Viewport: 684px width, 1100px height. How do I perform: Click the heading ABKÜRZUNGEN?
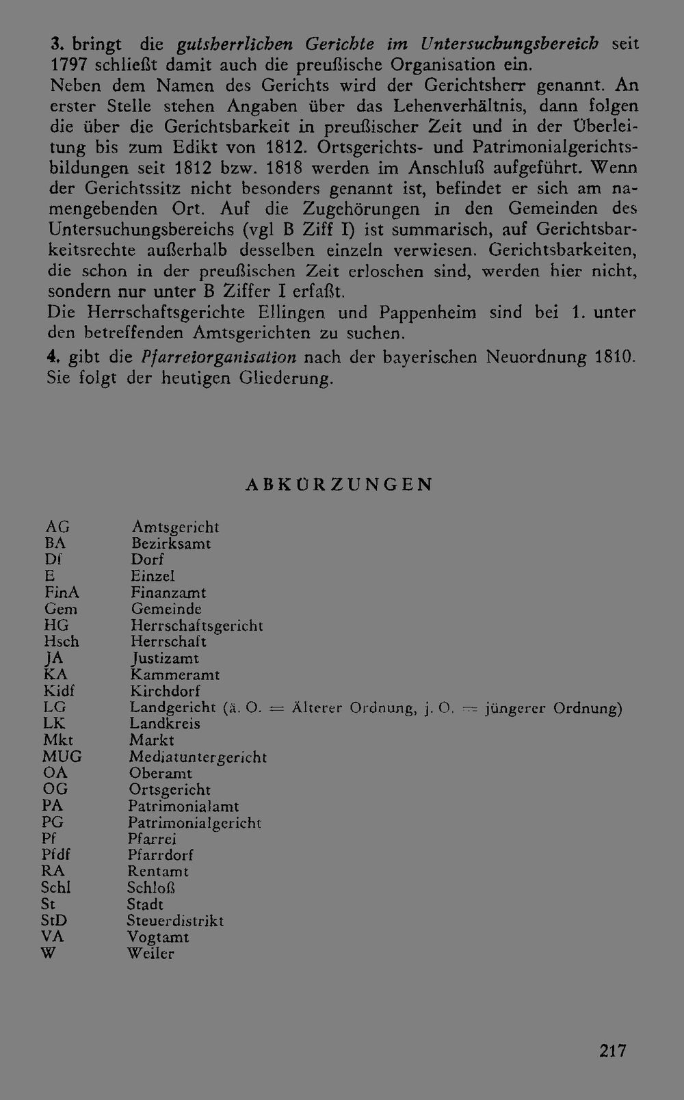click(339, 484)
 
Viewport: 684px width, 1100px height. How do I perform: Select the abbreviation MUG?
click(62, 757)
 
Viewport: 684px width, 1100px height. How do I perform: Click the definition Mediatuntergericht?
click(198, 757)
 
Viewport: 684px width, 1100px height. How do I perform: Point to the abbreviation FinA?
click(62, 592)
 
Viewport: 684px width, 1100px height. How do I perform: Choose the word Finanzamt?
click(168, 592)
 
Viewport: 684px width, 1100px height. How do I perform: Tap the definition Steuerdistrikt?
click(175, 921)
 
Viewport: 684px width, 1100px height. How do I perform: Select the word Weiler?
click(150, 954)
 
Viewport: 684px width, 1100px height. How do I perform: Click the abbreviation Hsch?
click(62, 642)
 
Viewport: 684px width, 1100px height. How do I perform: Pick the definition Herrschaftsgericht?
click(196, 625)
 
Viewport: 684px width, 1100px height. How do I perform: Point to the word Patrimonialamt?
click(183, 806)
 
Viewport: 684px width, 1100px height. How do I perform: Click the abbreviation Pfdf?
click(56, 855)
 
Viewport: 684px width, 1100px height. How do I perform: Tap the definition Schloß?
click(151, 888)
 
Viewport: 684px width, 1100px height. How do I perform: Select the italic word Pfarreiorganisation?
click(220, 356)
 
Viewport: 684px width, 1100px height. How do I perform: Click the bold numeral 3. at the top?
click(57, 44)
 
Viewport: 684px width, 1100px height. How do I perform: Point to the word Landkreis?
click(165, 724)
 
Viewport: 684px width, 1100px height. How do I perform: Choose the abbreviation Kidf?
click(60, 691)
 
